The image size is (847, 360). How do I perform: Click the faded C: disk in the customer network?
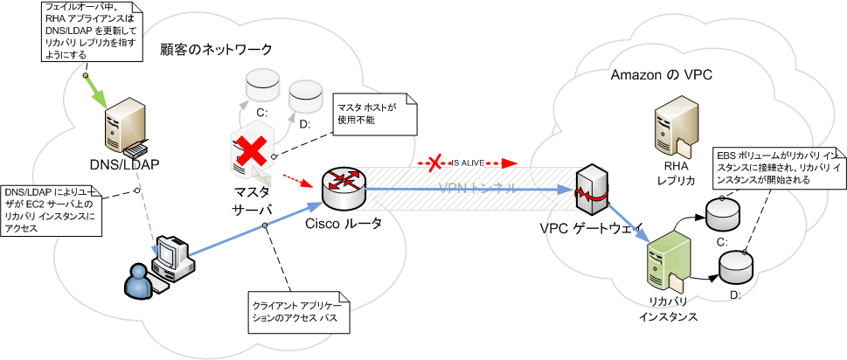pyautogui.click(x=261, y=86)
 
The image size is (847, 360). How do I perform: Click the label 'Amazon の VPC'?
pyautogui.click(x=662, y=76)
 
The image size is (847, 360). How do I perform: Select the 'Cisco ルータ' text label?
pyautogui.click(x=344, y=224)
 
